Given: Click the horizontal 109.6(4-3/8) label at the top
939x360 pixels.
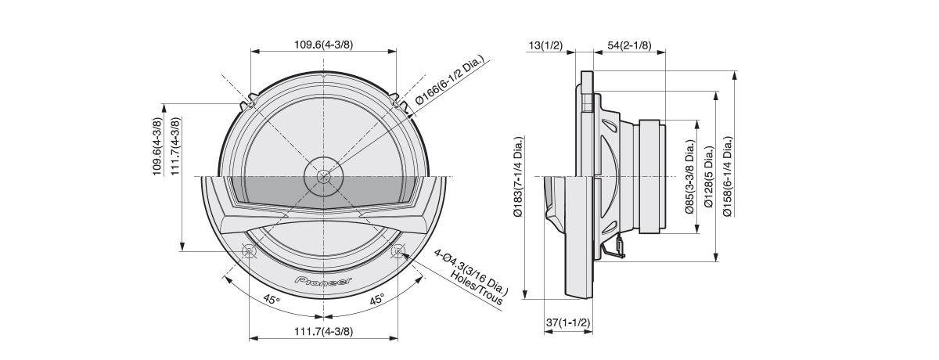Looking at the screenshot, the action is point(324,45).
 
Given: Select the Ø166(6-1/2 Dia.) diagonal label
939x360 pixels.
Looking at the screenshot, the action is point(449,81).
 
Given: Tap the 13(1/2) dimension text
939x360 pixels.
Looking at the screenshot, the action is point(545,45).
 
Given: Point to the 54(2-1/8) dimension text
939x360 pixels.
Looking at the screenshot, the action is point(629,45).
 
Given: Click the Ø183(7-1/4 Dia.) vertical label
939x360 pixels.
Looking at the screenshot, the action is point(519,176).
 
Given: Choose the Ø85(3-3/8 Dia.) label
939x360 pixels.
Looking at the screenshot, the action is point(690,176).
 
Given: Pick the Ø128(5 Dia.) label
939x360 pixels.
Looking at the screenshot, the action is point(709,176).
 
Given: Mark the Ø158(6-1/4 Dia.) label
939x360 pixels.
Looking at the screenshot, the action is point(729,176).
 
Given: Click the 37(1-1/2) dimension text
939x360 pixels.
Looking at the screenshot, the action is point(568,322).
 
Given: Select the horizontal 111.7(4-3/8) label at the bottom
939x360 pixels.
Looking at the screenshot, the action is point(324,332).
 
